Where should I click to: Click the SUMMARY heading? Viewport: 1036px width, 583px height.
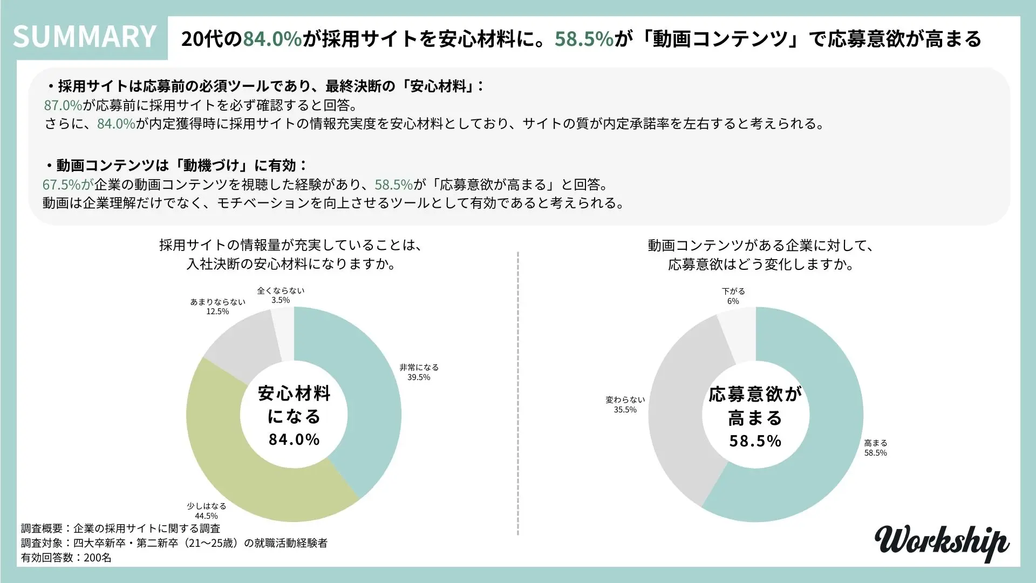pos(85,37)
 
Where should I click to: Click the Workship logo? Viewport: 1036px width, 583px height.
pos(942,543)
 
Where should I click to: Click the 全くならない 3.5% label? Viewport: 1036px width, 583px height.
pos(281,295)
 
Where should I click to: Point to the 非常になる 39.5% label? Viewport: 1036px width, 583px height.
pos(419,372)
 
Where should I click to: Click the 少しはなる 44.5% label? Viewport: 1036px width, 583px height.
pos(207,511)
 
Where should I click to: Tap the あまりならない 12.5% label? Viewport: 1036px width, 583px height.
pos(217,307)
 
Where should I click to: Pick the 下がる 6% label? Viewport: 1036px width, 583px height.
pos(733,296)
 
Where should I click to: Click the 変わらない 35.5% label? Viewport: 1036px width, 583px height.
pos(625,405)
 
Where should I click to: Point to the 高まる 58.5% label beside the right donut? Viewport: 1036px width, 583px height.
pos(875,448)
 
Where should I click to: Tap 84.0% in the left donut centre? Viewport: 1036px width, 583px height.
pos(294,439)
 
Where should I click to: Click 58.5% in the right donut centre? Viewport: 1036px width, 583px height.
pos(755,442)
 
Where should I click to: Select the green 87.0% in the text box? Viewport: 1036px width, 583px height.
pos(63,105)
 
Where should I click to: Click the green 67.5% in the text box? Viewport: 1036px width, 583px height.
pos(62,185)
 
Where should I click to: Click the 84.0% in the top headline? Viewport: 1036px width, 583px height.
pos(272,39)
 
